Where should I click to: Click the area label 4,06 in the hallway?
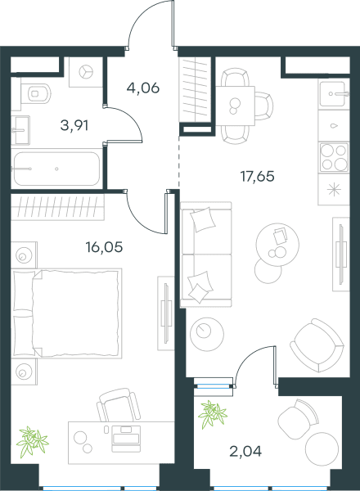pos(143,88)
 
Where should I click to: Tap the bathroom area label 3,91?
pos(74,126)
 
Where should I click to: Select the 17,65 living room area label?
pos(258,176)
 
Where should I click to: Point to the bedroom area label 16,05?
pos(104,247)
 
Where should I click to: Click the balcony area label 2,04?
pos(245,451)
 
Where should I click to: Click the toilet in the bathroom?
pos(36,93)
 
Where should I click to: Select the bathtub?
pos(56,169)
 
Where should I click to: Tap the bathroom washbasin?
pos(20,130)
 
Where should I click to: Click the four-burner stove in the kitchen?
pos(334,157)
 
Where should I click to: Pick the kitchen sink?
pos(334,94)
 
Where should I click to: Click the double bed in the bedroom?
pos(66,313)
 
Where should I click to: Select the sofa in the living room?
pos(206,255)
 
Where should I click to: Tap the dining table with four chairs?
pos(236,106)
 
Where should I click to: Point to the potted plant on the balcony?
pos(213,414)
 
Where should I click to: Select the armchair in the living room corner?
pos(317,345)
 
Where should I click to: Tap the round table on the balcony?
pos(322,448)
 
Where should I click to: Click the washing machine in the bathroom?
pos(85,72)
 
